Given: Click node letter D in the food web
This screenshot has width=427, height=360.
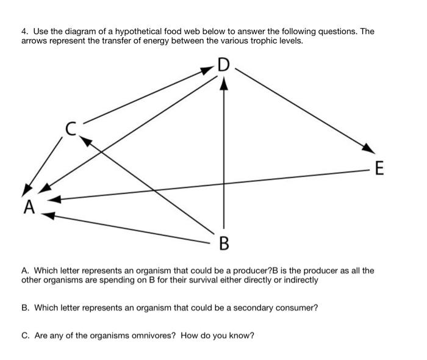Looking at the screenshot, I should [x=223, y=65].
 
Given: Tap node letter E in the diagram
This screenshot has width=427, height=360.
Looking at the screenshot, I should [x=379, y=168].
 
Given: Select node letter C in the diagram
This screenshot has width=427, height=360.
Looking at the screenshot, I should [x=72, y=129].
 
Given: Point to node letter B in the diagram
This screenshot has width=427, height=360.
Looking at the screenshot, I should [x=224, y=245].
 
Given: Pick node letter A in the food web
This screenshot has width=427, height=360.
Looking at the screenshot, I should [x=29, y=207].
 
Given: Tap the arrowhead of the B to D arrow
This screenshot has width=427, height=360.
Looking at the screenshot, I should [x=224, y=83].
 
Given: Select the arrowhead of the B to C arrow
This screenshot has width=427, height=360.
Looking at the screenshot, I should [x=86, y=141].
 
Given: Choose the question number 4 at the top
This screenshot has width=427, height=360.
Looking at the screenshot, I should [x=24, y=31].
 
